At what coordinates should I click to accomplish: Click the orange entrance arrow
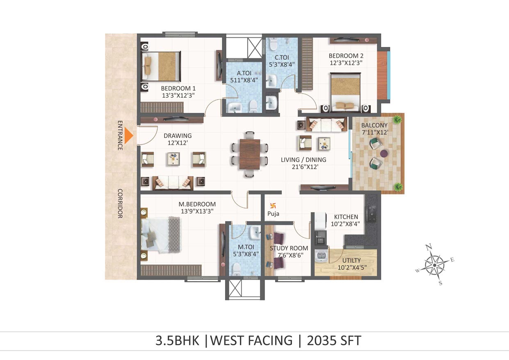130,135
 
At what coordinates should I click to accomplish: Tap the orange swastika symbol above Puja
273,206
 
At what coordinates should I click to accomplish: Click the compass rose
434,265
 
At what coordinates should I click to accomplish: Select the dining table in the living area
250,154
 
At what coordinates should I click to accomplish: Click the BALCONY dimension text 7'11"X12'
375,132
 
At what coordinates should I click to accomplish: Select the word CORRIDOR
120,204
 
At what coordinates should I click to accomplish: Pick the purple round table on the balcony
384,153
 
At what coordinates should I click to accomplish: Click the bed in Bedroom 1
161,66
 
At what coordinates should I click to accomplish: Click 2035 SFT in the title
334,340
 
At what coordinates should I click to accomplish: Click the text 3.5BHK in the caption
177,340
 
